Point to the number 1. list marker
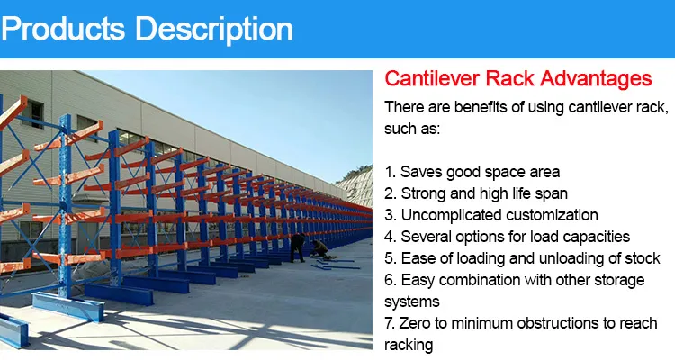(x=390, y=172)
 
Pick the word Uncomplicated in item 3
(x=454, y=215)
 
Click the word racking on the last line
(x=409, y=345)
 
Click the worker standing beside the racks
(x=297, y=246)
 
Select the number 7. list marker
(x=390, y=323)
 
